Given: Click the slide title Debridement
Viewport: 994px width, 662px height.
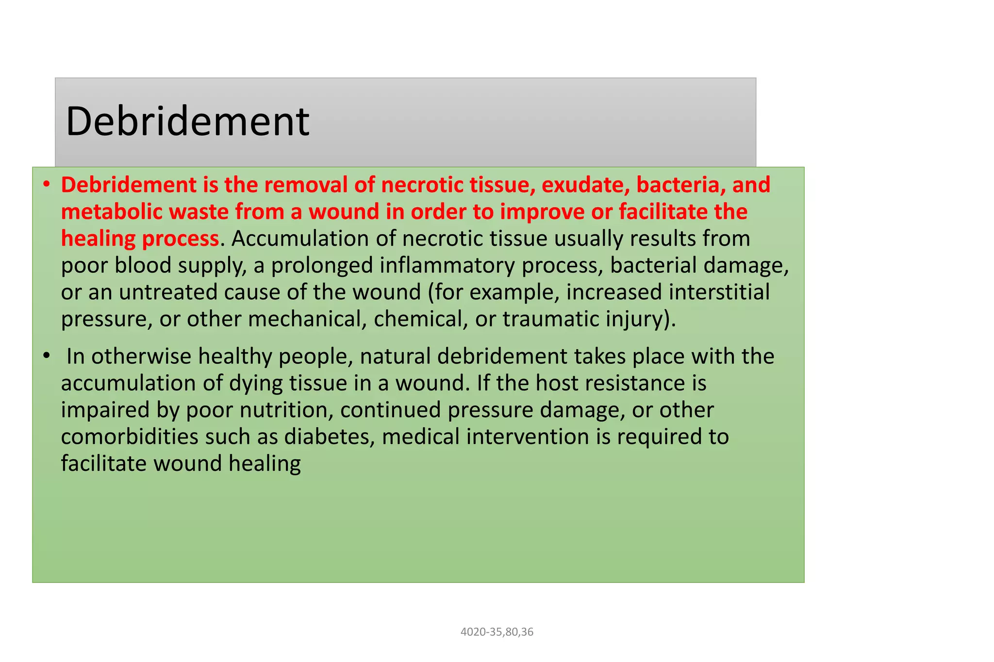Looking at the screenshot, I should tap(187, 121).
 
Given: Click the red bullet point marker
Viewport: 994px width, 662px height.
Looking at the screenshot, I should tap(46, 185).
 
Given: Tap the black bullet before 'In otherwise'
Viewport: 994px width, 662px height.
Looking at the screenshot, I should tap(46, 356).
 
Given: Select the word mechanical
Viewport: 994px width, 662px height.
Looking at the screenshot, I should tap(307, 319).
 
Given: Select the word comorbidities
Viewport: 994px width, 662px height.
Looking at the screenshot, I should tap(130, 436).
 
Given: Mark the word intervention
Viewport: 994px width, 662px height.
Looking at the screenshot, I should tap(528, 436).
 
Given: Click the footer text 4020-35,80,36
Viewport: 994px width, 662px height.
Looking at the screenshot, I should tap(497, 632).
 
